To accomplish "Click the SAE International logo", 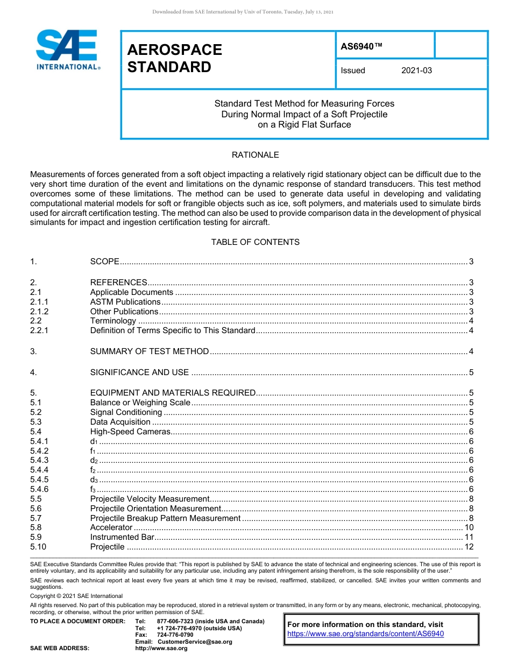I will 67,50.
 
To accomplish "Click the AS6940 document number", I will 361,46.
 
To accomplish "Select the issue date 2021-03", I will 416,71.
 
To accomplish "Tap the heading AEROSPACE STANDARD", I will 174,58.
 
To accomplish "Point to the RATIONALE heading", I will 255,155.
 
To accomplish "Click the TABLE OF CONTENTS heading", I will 255,242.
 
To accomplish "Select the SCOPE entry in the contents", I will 104,262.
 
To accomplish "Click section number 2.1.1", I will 39,302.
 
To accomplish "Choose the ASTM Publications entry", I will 125,302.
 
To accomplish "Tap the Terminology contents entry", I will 113,321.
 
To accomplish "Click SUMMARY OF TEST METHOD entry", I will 149,351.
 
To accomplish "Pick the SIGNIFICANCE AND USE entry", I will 139,372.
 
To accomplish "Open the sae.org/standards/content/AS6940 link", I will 366,634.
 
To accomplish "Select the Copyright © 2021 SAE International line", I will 76,596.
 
